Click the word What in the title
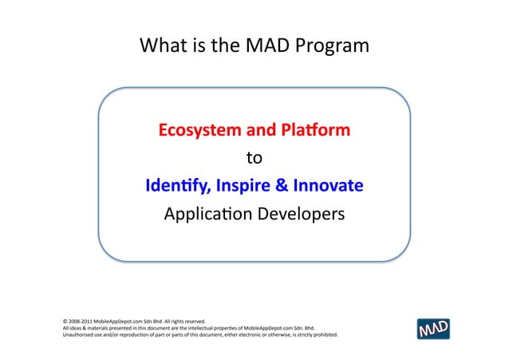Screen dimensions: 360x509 (162, 46)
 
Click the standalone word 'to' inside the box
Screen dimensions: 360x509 (254, 158)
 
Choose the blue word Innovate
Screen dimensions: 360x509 (328, 187)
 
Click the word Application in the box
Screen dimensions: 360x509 (208, 216)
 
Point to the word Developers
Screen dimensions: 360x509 (304, 216)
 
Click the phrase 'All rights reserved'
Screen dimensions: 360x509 (185, 321)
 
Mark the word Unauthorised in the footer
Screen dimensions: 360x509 (78, 334)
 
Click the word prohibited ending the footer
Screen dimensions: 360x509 (330, 334)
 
